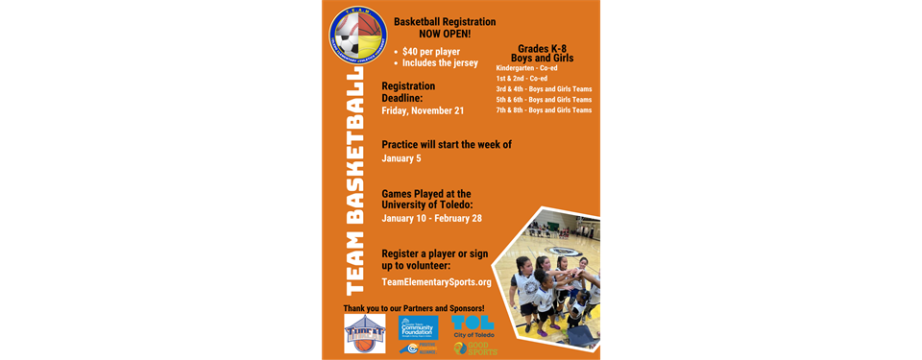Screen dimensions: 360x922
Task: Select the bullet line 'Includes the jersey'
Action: pos(440,63)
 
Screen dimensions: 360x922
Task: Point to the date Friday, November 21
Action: pos(423,110)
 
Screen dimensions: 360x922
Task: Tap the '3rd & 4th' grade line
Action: pos(544,89)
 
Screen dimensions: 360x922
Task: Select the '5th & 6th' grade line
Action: pos(544,100)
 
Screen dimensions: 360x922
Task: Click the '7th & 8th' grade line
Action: pos(544,110)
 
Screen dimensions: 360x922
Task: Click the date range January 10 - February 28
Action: pos(431,218)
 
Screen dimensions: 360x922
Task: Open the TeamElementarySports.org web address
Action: pos(436,282)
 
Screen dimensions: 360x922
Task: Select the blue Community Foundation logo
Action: pos(419,328)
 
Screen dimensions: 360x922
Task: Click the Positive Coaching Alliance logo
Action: pos(419,349)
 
